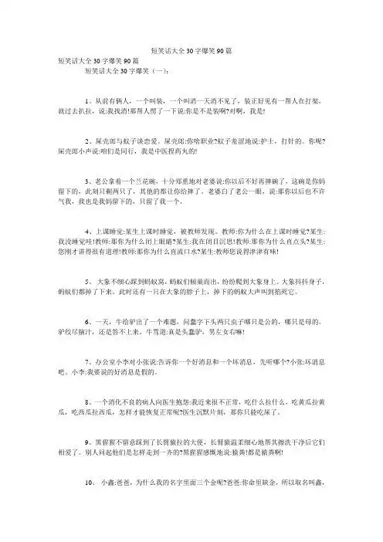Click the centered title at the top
pos(191,49)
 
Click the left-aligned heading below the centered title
pos(87,59)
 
